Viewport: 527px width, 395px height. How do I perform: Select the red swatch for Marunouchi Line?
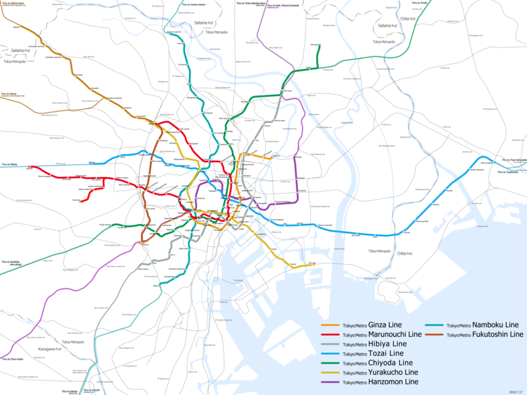[329, 334]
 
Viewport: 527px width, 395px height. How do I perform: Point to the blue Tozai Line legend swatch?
[329, 354]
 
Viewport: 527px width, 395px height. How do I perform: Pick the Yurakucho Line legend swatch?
[329, 373]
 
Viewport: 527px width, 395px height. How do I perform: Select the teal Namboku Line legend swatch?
[436, 325]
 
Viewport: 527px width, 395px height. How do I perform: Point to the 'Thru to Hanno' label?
[9, 94]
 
